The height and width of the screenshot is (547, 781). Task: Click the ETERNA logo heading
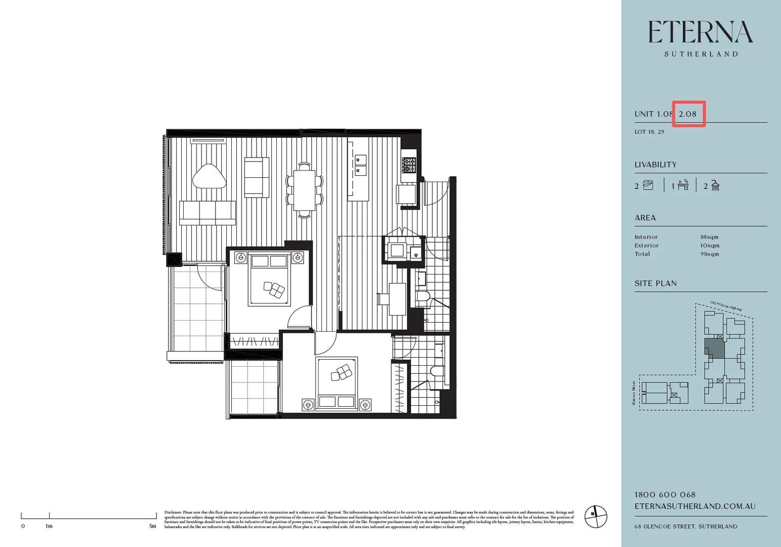(x=701, y=33)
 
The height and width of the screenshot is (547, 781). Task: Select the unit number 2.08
(x=688, y=114)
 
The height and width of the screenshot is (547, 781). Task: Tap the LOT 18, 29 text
(x=649, y=132)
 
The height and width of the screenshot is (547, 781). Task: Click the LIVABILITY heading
(x=655, y=165)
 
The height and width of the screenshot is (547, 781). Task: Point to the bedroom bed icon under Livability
(x=648, y=185)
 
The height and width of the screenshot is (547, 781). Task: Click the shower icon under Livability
(x=715, y=185)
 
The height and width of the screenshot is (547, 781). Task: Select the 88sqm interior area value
(x=709, y=237)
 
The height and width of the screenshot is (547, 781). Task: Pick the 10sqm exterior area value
(x=709, y=246)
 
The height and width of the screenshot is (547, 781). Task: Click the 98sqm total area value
(x=709, y=254)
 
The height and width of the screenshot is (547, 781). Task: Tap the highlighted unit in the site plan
(x=714, y=348)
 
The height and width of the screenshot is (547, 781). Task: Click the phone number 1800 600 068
(x=665, y=495)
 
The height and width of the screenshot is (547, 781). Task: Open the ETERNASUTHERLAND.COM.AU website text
(x=694, y=506)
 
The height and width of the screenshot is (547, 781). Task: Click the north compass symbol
(x=595, y=517)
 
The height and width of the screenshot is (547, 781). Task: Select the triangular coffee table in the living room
(x=209, y=177)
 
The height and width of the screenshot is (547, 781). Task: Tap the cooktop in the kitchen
(x=408, y=165)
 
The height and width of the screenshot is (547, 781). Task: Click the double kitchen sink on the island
(x=360, y=165)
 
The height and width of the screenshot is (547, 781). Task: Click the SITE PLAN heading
(x=655, y=284)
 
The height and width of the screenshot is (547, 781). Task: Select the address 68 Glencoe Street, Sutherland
(x=685, y=527)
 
